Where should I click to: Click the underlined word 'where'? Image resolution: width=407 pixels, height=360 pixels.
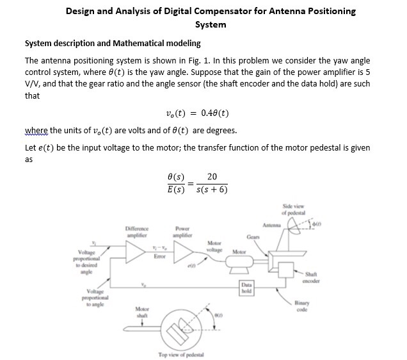[x=36, y=131]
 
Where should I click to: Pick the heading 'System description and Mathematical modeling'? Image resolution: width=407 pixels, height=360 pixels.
[x=112, y=44]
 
